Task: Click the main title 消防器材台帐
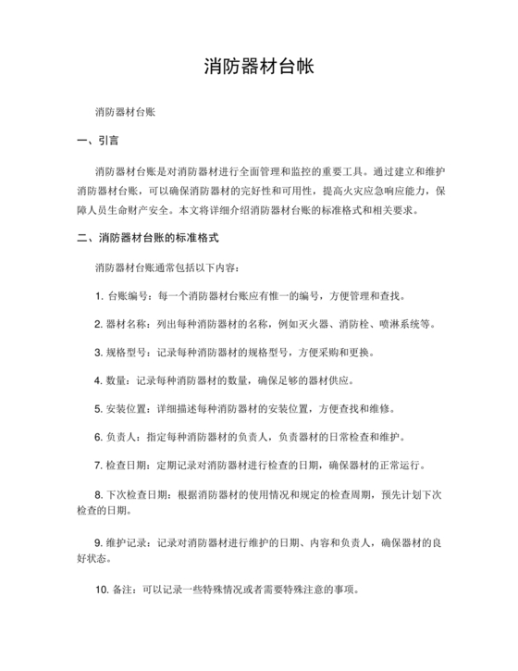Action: tap(259, 68)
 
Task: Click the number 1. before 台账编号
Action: tap(98, 297)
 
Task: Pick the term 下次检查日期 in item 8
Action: tap(138, 493)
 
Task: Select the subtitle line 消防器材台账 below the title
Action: tap(125, 111)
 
